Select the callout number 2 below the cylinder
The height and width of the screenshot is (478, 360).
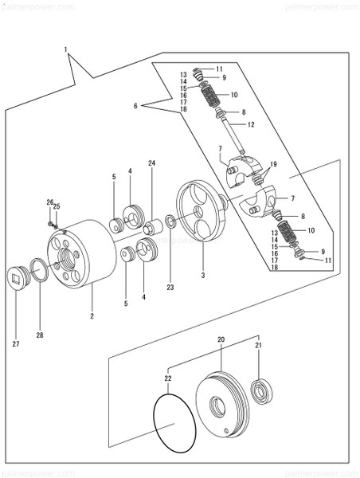point(92,316)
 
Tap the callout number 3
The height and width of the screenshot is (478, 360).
point(202,275)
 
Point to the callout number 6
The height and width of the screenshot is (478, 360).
point(136,105)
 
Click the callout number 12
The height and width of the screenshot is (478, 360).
point(251,124)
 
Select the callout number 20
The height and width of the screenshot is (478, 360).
point(221,339)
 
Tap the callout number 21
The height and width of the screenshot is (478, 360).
point(257,345)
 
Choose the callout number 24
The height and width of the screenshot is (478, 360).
point(151,163)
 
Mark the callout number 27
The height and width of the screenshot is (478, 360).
point(17,344)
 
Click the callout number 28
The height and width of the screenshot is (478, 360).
point(40,335)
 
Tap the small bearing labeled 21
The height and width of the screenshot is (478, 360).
point(260,391)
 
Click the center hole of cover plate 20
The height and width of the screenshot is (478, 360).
point(217,406)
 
